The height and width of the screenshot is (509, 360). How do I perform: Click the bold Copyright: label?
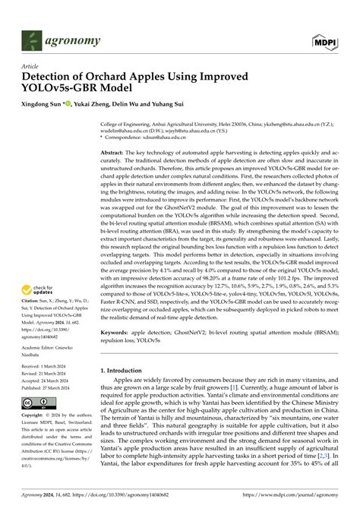tap(34, 417)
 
